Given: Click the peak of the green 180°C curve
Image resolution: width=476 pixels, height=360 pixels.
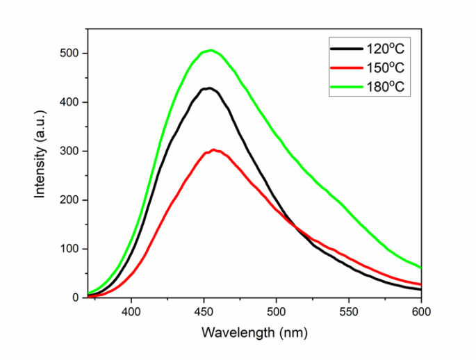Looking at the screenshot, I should point(209,50).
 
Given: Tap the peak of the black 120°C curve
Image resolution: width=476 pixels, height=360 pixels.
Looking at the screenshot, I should point(207,88).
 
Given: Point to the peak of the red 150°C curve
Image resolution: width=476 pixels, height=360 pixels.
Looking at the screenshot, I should point(213,150).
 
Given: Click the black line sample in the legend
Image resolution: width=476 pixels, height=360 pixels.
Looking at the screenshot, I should point(345,49).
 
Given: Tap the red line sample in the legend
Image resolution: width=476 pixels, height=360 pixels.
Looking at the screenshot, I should point(345,68).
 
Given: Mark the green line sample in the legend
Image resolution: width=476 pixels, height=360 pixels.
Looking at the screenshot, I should point(345,86).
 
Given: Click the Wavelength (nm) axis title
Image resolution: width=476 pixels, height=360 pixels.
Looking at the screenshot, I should point(251,333).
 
